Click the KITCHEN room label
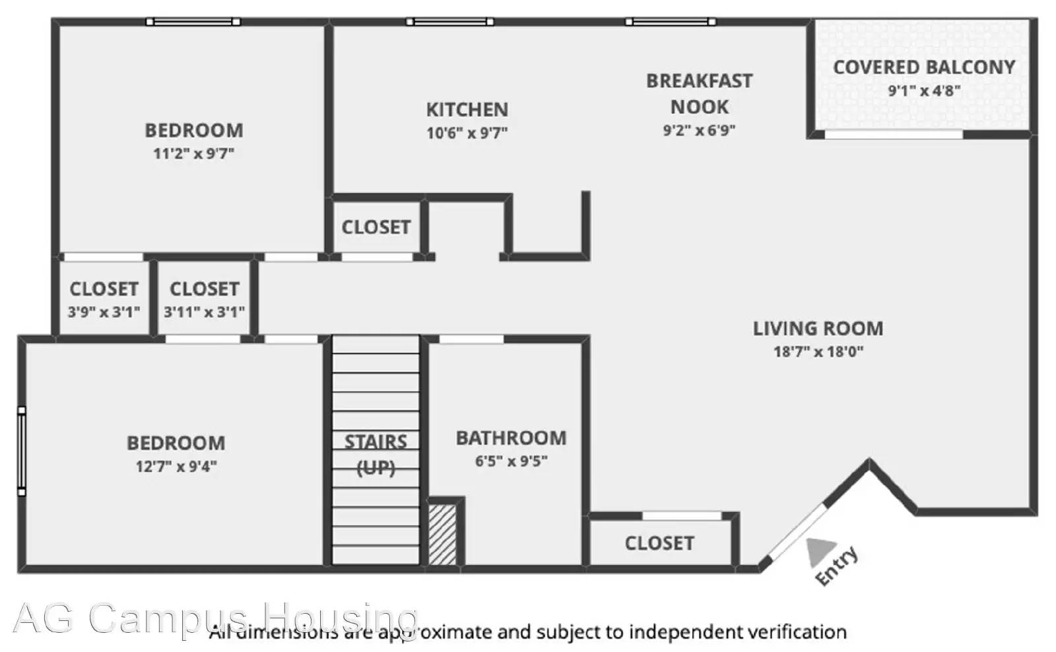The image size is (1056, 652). (x=467, y=110)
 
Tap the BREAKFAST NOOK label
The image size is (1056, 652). (x=699, y=94)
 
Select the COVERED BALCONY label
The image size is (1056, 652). (x=924, y=67)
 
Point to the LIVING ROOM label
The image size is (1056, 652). (x=818, y=329)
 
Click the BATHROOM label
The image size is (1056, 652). (x=511, y=438)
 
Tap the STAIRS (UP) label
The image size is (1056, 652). (x=376, y=455)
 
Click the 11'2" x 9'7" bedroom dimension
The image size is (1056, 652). (x=194, y=154)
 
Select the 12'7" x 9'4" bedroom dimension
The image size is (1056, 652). (x=176, y=467)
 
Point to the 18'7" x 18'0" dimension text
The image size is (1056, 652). (x=818, y=352)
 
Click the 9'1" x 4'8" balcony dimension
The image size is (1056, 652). (x=924, y=90)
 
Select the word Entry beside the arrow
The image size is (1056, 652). (x=836, y=566)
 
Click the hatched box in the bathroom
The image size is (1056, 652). (x=442, y=535)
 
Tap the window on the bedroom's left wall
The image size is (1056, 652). (x=22, y=451)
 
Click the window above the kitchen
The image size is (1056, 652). (x=449, y=22)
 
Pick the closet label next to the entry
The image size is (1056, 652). (x=659, y=544)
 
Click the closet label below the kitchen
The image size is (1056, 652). (x=376, y=227)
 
